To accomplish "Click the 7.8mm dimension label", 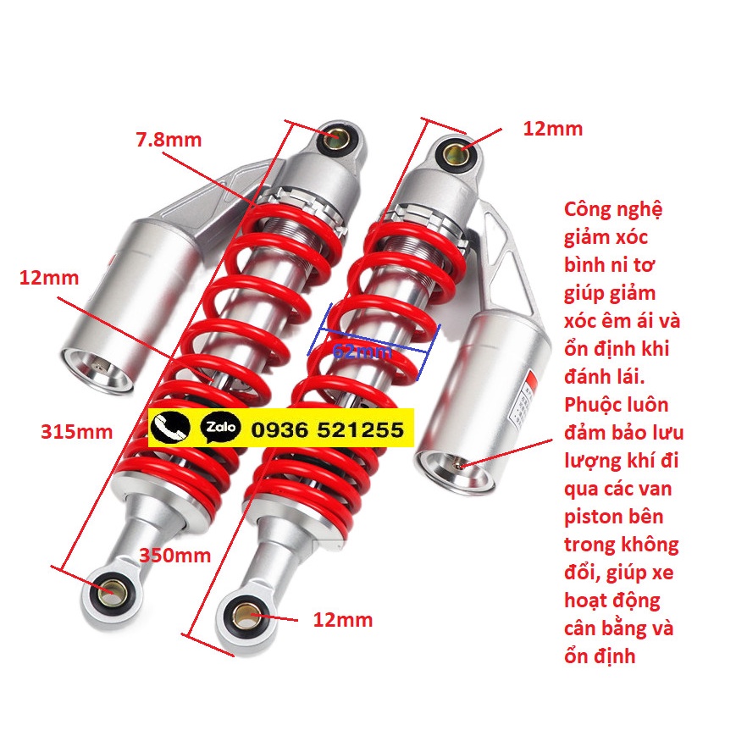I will [x=169, y=141].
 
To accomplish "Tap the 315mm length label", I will [x=76, y=432].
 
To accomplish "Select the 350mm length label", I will [x=174, y=556].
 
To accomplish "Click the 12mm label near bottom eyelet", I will [x=342, y=620].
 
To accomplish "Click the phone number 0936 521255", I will [x=327, y=430].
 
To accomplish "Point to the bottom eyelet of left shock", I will [x=108, y=590].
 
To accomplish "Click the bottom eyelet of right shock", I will [x=245, y=613].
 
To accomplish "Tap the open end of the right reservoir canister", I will [x=449, y=463].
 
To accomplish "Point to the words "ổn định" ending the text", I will [x=600, y=655].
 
